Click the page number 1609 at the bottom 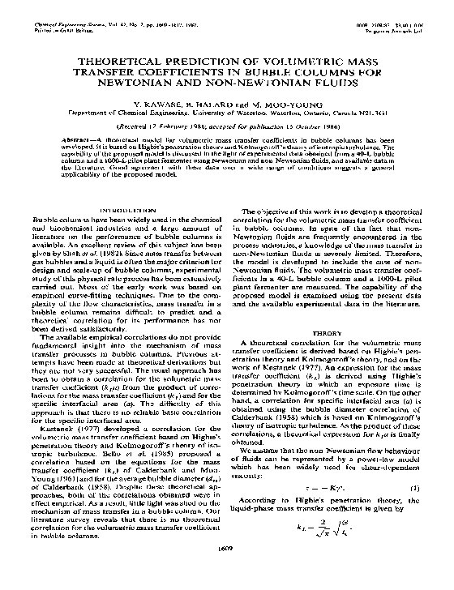point(227,573)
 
